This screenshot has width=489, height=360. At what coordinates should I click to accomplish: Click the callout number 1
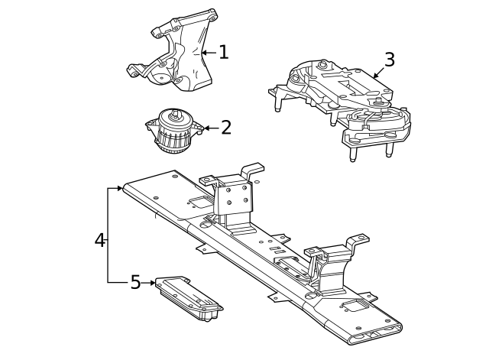click(223, 52)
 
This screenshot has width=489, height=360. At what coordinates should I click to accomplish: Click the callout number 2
click(225, 127)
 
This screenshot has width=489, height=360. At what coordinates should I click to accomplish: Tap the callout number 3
click(390, 60)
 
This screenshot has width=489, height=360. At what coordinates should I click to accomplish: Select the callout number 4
click(99, 240)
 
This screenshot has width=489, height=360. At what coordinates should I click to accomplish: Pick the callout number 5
click(135, 283)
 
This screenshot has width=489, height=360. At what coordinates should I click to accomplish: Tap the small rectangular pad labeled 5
click(188, 299)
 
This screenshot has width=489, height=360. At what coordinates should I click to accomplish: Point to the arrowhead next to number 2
click(202, 128)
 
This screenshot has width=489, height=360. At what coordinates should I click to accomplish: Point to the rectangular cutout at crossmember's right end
click(356, 306)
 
